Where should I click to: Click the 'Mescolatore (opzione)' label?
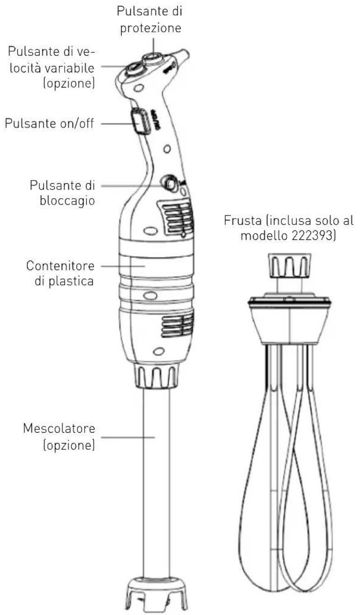59,436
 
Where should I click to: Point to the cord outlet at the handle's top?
183,57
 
